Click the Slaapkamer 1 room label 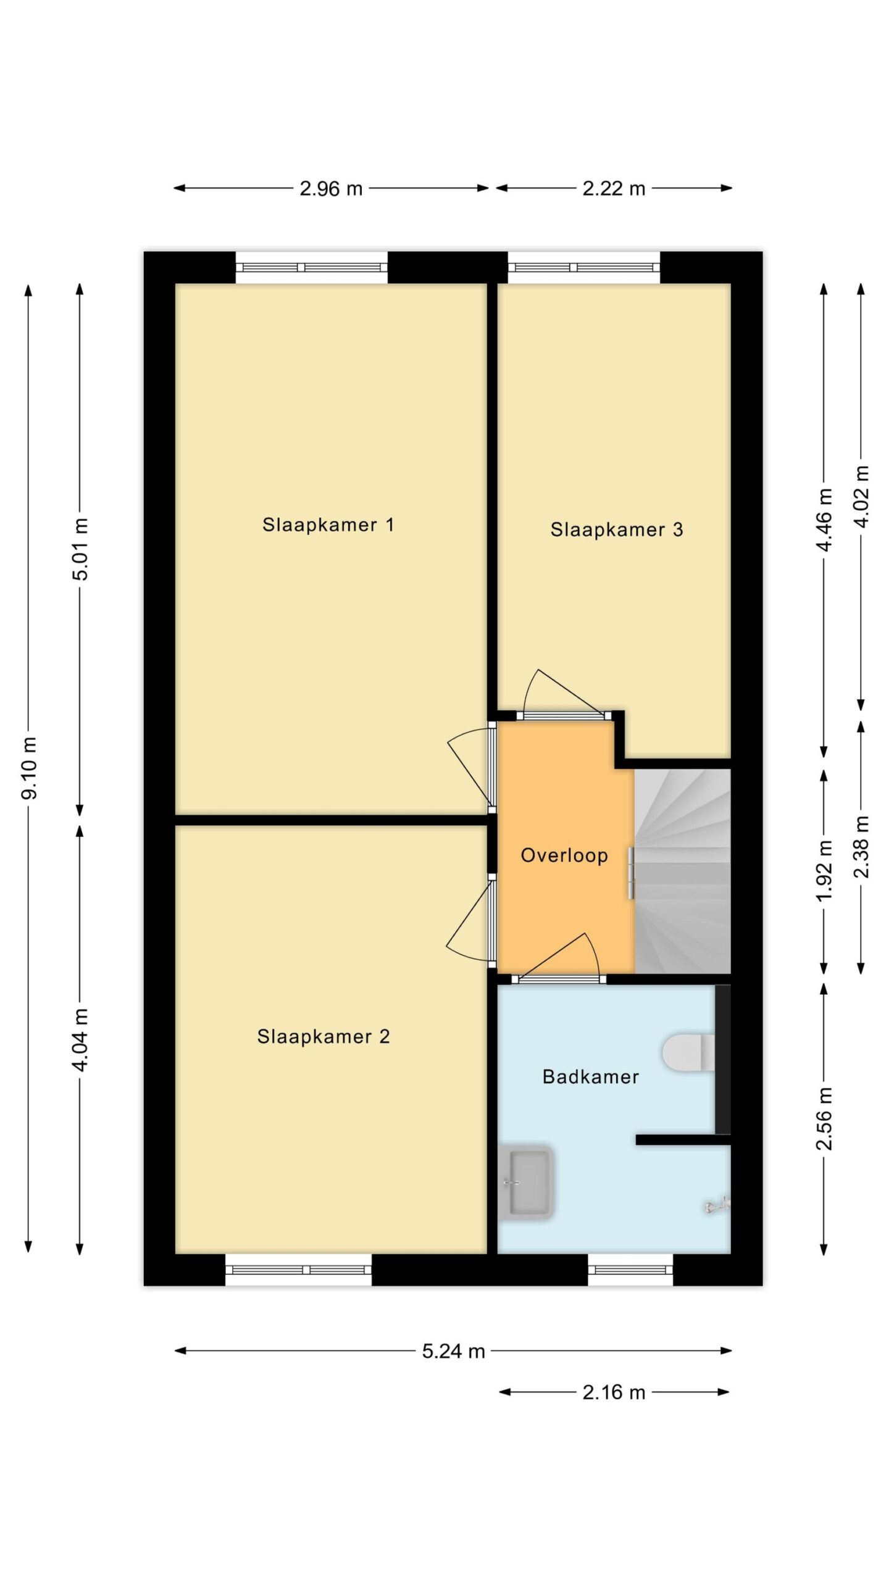point(328,525)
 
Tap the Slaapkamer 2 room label point(323,1036)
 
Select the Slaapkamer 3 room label point(617,530)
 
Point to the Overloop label point(564,855)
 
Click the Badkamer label point(591,1077)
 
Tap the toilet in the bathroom point(688,1053)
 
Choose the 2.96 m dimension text point(331,188)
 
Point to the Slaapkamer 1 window point(311,268)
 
